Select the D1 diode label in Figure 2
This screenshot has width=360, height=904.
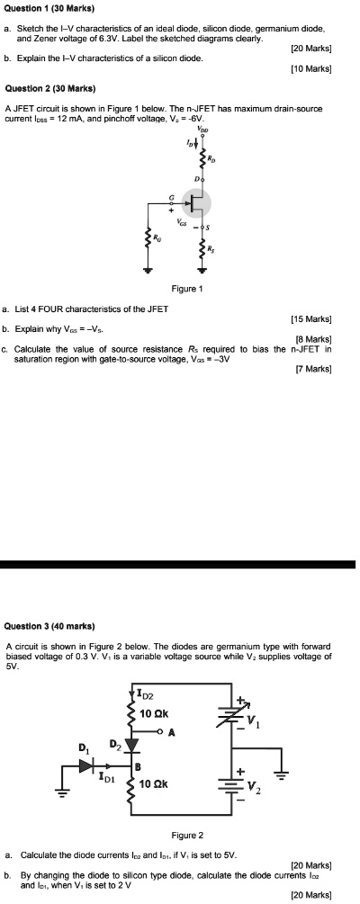84,748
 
